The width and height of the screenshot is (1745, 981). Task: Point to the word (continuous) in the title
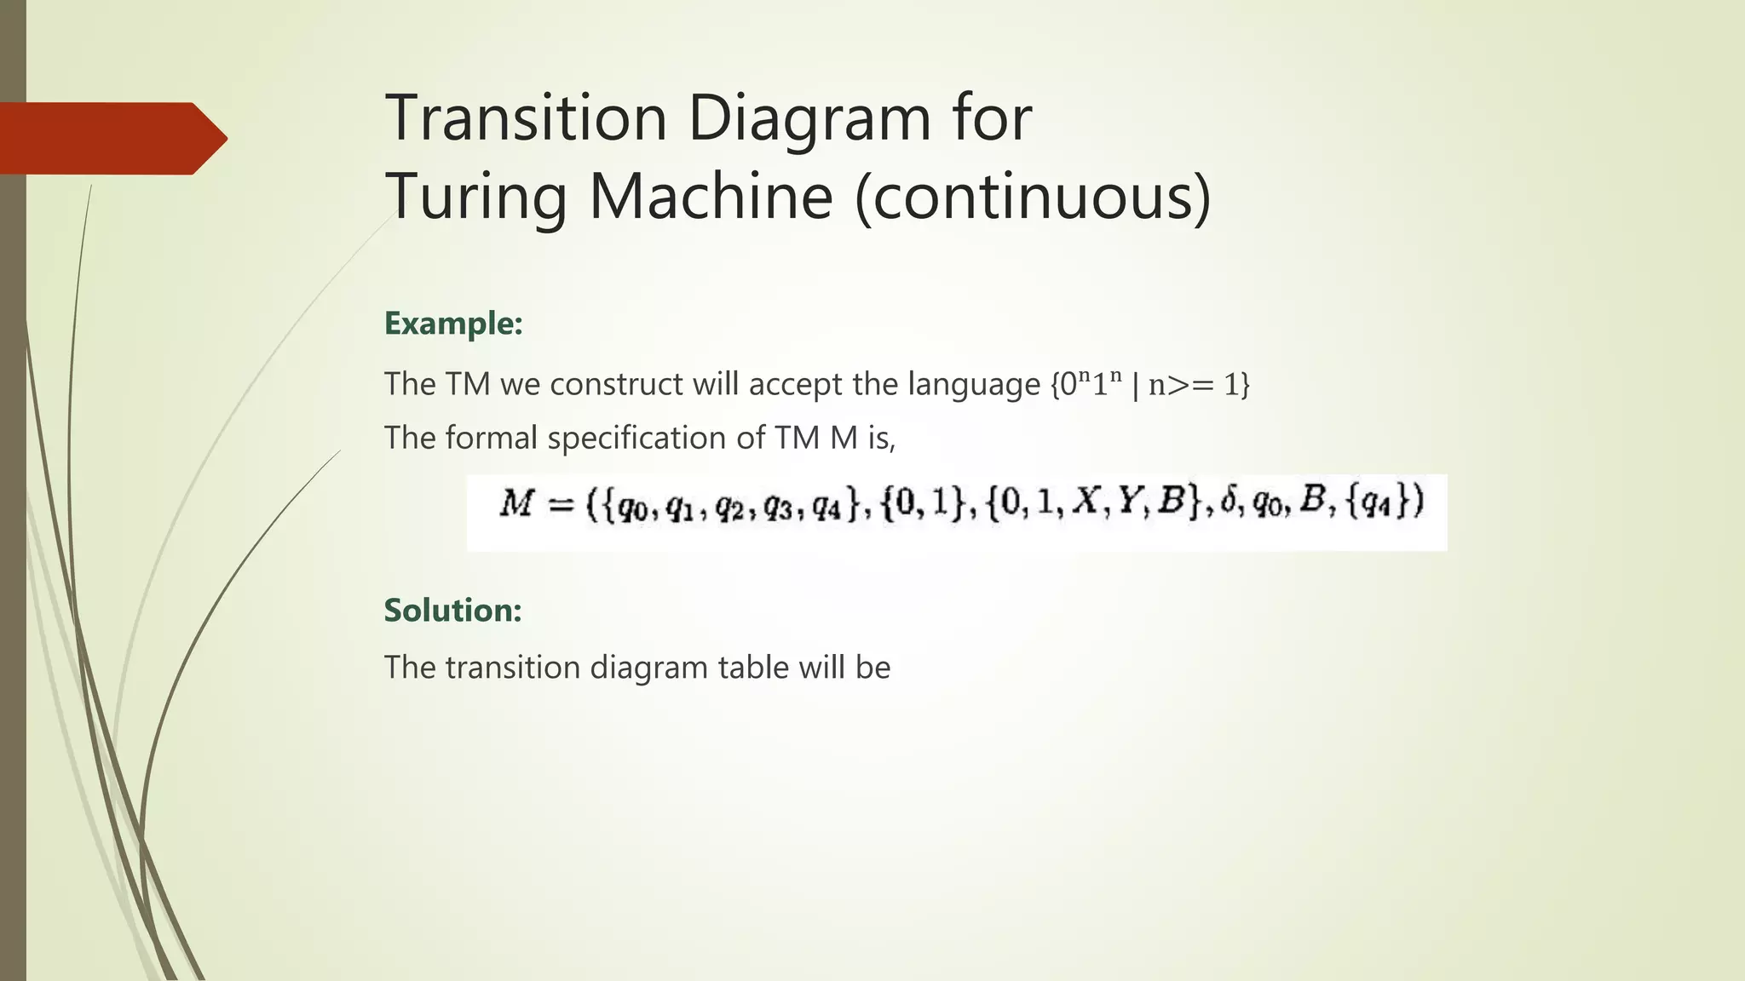pos(1032,196)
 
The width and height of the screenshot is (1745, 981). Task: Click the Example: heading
pos(452,324)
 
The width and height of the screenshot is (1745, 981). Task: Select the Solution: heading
pos(452,611)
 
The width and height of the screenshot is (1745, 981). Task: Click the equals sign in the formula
pos(561,505)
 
